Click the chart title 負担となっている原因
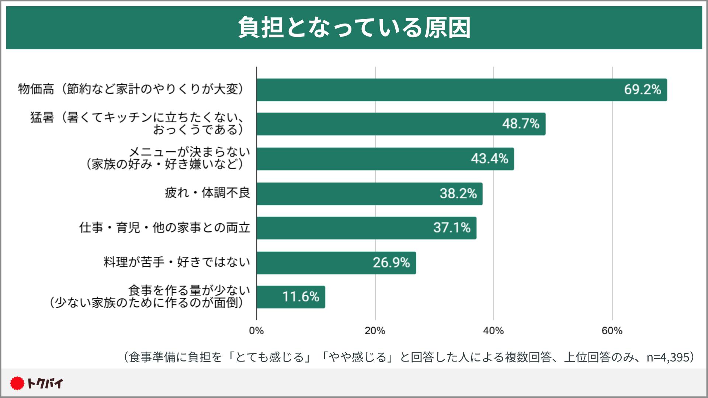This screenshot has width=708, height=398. [354, 28]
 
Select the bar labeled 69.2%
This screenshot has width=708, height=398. [461, 90]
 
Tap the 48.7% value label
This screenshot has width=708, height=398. [521, 124]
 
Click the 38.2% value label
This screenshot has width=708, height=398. [458, 193]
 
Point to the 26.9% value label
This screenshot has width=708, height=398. [391, 263]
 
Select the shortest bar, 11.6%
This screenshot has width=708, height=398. [291, 297]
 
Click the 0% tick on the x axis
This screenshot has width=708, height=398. [256, 331]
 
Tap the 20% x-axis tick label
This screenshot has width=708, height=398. [375, 331]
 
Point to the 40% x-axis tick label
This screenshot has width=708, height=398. [493, 331]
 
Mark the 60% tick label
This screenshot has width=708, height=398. [612, 331]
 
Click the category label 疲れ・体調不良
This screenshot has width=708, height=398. [207, 193]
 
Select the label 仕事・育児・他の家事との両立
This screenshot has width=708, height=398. [164, 227]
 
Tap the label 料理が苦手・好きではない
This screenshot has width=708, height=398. [177, 262]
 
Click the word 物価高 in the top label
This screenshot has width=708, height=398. [36, 89]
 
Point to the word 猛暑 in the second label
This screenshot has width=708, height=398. [42, 118]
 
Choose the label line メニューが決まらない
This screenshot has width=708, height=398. [189, 152]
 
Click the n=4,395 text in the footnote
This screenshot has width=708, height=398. [668, 357]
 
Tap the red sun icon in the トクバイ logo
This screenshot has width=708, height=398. [17, 384]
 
